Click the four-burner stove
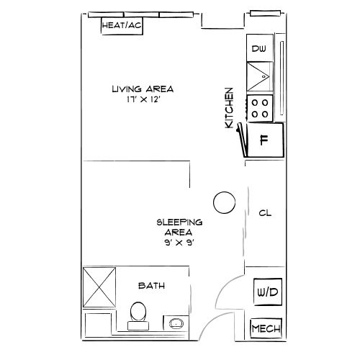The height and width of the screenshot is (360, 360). click(x=259, y=108)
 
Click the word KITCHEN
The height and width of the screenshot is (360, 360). click(x=230, y=108)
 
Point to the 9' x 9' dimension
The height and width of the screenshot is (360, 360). click(x=179, y=243)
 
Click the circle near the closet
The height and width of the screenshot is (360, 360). click(x=225, y=202)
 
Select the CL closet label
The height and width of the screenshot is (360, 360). click(x=264, y=214)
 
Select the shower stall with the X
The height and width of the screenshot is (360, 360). click(x=99, y=287)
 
